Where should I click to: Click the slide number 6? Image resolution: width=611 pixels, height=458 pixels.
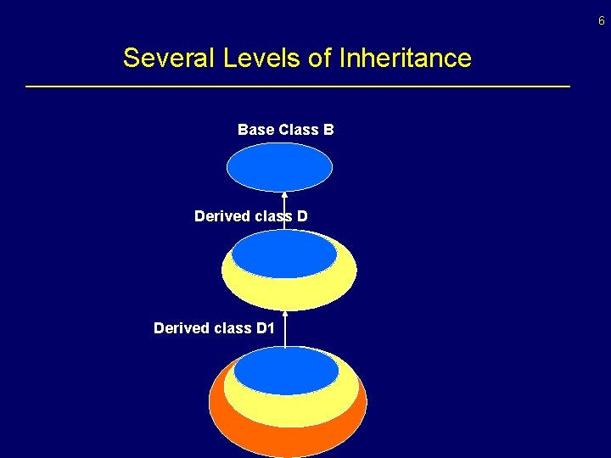(x=602, y=20)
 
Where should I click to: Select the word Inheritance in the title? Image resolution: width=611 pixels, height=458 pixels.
(x=405, y=59)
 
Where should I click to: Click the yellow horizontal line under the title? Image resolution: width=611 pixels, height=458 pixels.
(x=297, y=87)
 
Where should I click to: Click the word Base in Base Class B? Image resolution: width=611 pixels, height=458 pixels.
(x=255, y=130)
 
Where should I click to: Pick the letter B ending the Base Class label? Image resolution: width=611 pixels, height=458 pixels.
(x=328, y=130)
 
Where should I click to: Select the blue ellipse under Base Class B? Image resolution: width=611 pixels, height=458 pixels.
(x=279, y=167)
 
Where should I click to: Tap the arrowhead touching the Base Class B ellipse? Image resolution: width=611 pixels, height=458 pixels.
(x=284, y=194)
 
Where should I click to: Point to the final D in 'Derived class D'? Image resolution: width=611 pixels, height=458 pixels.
(x=302, y=216)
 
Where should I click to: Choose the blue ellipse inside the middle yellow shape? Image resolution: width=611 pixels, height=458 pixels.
(x=284, y=254)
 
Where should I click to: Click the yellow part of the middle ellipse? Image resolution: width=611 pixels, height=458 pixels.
(x=289, y=293)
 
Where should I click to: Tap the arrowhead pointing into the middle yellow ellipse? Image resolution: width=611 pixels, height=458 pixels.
(x=285, y=313)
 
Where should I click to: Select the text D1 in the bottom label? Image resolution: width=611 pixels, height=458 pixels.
(x=265, y=328)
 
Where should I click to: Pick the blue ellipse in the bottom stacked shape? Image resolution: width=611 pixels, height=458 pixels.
(x=286, y=371)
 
